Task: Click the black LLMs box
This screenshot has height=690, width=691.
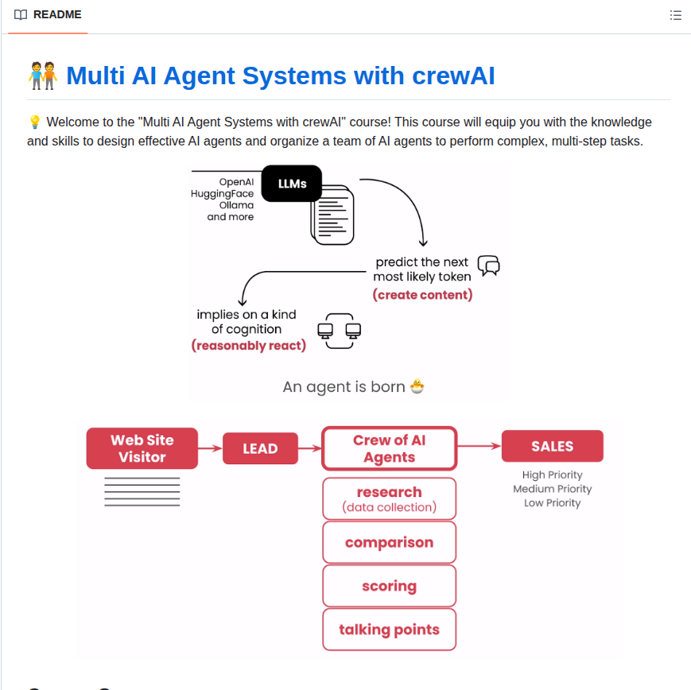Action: (292, 183)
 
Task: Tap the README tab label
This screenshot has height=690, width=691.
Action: (56, 14)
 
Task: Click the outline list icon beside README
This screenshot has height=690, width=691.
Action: (676, 15)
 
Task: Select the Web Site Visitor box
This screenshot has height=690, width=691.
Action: (142, 448)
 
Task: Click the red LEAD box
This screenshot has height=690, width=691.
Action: (260, 448)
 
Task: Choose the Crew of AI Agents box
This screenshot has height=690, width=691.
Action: (389, 448)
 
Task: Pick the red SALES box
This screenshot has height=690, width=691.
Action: (552, 446)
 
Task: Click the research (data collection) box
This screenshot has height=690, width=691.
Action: (389, 498)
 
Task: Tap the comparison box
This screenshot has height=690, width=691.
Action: (389, 542)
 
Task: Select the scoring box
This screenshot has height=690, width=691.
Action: (389, 586)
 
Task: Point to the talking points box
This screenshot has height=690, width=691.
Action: (389, 630)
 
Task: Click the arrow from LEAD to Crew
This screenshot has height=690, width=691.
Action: (309, 448)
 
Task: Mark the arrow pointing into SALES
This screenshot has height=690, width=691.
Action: (479, 447)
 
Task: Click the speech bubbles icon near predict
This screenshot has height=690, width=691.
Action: (488, 266)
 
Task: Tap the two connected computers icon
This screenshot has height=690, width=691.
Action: (340, 331)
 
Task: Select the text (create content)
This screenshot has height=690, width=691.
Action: (422, 295)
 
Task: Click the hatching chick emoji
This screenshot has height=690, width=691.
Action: (417, 387)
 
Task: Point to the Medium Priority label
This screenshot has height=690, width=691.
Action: (552, 489)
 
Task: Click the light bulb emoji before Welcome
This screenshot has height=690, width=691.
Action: (34, 122)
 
